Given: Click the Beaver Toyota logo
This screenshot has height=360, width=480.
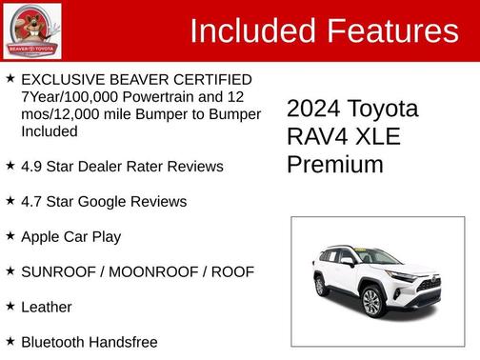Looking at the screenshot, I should point(31,30).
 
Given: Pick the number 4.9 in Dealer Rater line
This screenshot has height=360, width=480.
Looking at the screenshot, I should point(31,167).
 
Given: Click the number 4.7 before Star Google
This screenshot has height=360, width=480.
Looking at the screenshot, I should point(31,202).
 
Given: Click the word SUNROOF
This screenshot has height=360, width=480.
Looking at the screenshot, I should point(60,272).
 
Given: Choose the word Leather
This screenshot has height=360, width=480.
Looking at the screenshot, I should point(47,308).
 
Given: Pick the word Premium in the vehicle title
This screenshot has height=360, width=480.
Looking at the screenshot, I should point(335,164).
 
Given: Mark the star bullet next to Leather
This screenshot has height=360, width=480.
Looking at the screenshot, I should point(10,307).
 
